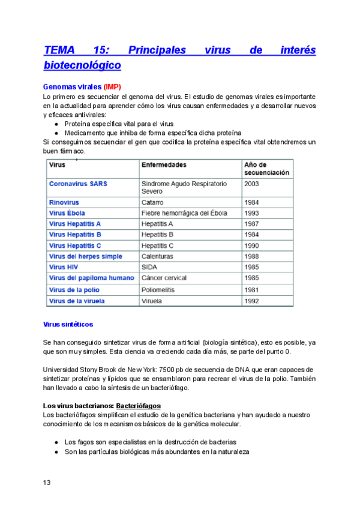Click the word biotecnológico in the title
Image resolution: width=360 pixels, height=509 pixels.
pyautogui.click(x=82, y=65)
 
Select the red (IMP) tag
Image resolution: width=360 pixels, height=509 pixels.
pyautogui.click(x=112, y=87)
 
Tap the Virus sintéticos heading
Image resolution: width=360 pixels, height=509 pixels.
pyautogui.click(x=68, y=324)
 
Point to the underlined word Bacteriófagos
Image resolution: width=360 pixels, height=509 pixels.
pyautogui.click(x=138, y=406)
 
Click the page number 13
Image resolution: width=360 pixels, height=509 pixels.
pyautogui.click(x=47, y=483)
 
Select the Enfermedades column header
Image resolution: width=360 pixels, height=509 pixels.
pyautogui.click(x=164, y=164)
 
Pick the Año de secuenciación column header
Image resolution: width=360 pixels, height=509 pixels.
pyautogui.click(x=266, y=168)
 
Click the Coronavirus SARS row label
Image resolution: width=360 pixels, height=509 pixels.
pyautogui.click(x=78, y=184)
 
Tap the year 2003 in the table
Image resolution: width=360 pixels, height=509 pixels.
pyautogui.click(x=253, y=184)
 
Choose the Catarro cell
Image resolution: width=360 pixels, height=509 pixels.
pyautogui.click(x=153, y=203)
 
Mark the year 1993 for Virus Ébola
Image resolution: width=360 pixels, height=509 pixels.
pyautogui.click(x=253, y=214)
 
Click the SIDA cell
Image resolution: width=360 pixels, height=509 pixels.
pyautogui.click(x=149, y=267)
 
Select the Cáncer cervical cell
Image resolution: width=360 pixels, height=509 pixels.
pyautogui.click(x=164, y=278)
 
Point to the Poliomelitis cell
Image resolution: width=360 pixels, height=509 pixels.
pyautogui.click(x=160, y=290)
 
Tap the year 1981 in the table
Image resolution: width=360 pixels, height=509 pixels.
pyautogui.click(x=253, y=290)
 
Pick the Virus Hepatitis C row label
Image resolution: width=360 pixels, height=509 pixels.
pyautogui.click(x=75, y=245)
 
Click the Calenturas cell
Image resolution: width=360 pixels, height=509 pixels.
pyautogui.click(x=157, y=256)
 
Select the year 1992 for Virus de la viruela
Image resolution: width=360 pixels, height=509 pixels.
pyautogui.click(x=253, y=301)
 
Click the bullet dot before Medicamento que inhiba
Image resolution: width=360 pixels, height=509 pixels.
pyautogui.click(x=56, y=133)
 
